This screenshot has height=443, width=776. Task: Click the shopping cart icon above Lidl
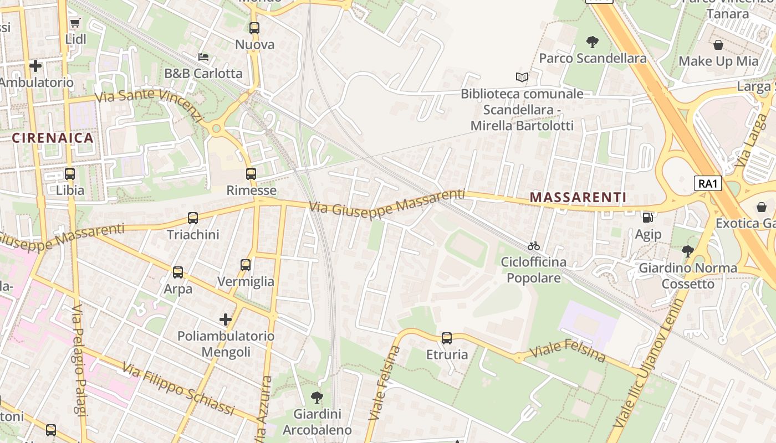[75, 23]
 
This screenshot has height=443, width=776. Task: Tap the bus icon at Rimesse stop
[251, 174]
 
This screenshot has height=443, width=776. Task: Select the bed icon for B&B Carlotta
[203, 57]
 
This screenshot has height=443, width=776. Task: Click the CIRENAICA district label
[53, 138]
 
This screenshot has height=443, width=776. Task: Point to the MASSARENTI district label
[578, 197]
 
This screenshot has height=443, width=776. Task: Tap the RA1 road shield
[708, 183]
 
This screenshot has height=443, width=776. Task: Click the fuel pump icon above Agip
[647, 218]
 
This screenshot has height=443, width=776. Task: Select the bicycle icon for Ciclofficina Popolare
[534, 246]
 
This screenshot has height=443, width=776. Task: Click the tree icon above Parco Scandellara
[593, 42]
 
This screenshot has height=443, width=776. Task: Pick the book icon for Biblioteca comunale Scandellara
[522, 77]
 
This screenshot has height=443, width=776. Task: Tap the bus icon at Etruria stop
[447, 338]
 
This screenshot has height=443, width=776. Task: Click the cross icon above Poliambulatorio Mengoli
[226, 320]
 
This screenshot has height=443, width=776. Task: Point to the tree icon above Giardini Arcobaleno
[317, 397]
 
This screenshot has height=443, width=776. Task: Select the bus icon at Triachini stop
[193, 218]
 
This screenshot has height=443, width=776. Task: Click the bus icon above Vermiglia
[246, 265]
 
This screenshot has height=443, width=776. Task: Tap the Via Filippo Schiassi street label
[178, 389]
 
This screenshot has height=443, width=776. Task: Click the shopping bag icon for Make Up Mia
[718, 45]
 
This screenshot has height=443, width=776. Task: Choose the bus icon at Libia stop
[70, 174]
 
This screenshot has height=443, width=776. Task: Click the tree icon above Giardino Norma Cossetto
[688, 251]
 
